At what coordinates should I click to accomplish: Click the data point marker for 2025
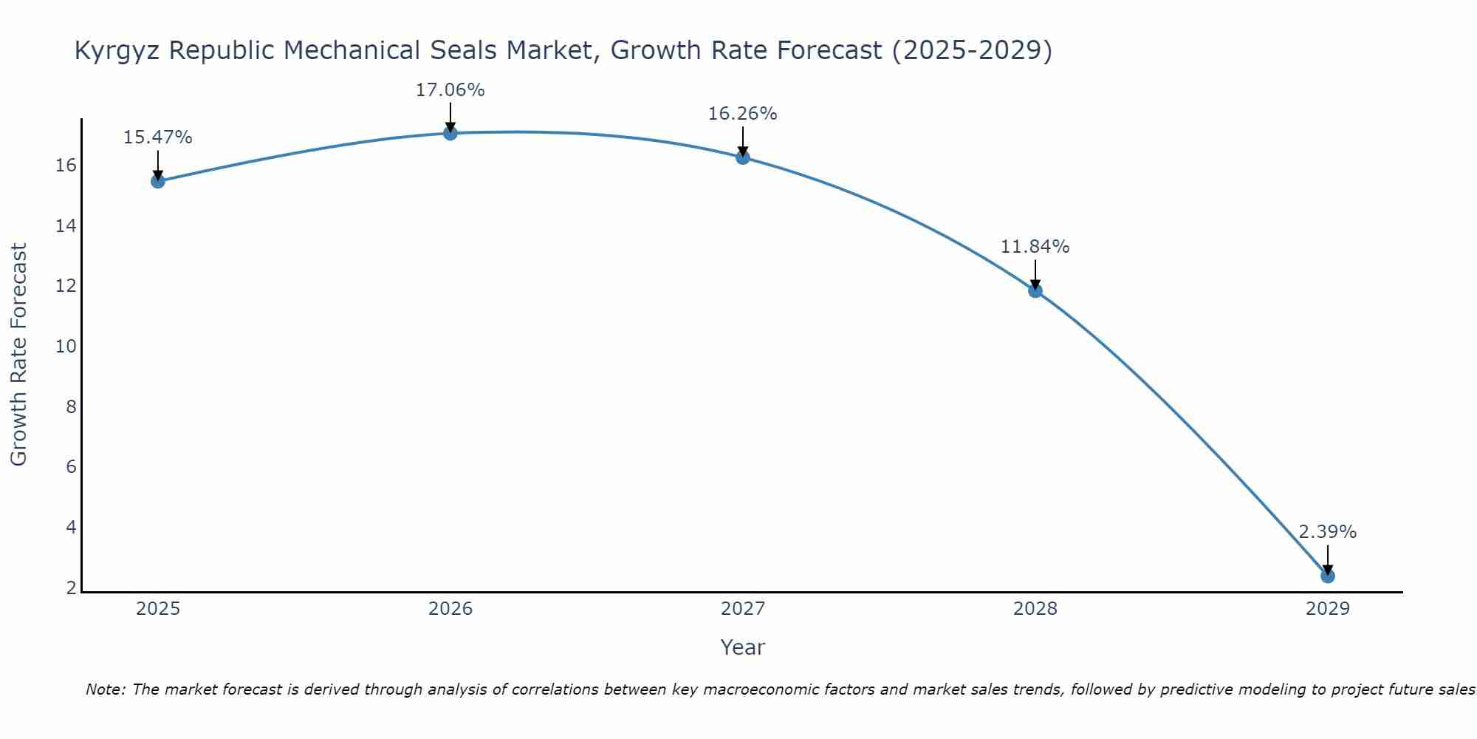[x=157, y=181]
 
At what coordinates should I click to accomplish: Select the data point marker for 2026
[x=450, y=133]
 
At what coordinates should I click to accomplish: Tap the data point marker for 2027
[x=742, y=157]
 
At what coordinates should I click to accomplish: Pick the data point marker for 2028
[x=1035, y=290]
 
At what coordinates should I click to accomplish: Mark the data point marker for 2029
[x=1327, y=576]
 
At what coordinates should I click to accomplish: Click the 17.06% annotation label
[x=450, y=90]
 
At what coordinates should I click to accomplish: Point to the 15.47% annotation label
[x=157, y=137]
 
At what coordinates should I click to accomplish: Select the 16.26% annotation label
[x=742, y=114]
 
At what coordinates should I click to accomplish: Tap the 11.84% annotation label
[x=1035, y=247]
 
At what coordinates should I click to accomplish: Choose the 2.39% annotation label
[x=1327, y=532]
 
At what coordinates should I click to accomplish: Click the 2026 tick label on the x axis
[x=450, y=609]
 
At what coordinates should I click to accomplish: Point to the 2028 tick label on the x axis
[x=1035, y=609]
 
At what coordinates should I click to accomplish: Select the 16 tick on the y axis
[x=66, y=166]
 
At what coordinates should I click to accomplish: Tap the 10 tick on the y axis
[x=66, y=347]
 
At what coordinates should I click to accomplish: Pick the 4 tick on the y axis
[x=71, y=528]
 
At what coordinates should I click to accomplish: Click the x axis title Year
[x=742, y=647]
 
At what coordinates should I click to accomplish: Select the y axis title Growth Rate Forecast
[x=19, y=355]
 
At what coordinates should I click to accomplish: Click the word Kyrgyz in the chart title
[x=118, y=51]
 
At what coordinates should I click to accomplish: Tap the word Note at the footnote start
[x=106, y=689]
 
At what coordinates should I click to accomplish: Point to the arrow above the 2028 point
[x=1035, y=273]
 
